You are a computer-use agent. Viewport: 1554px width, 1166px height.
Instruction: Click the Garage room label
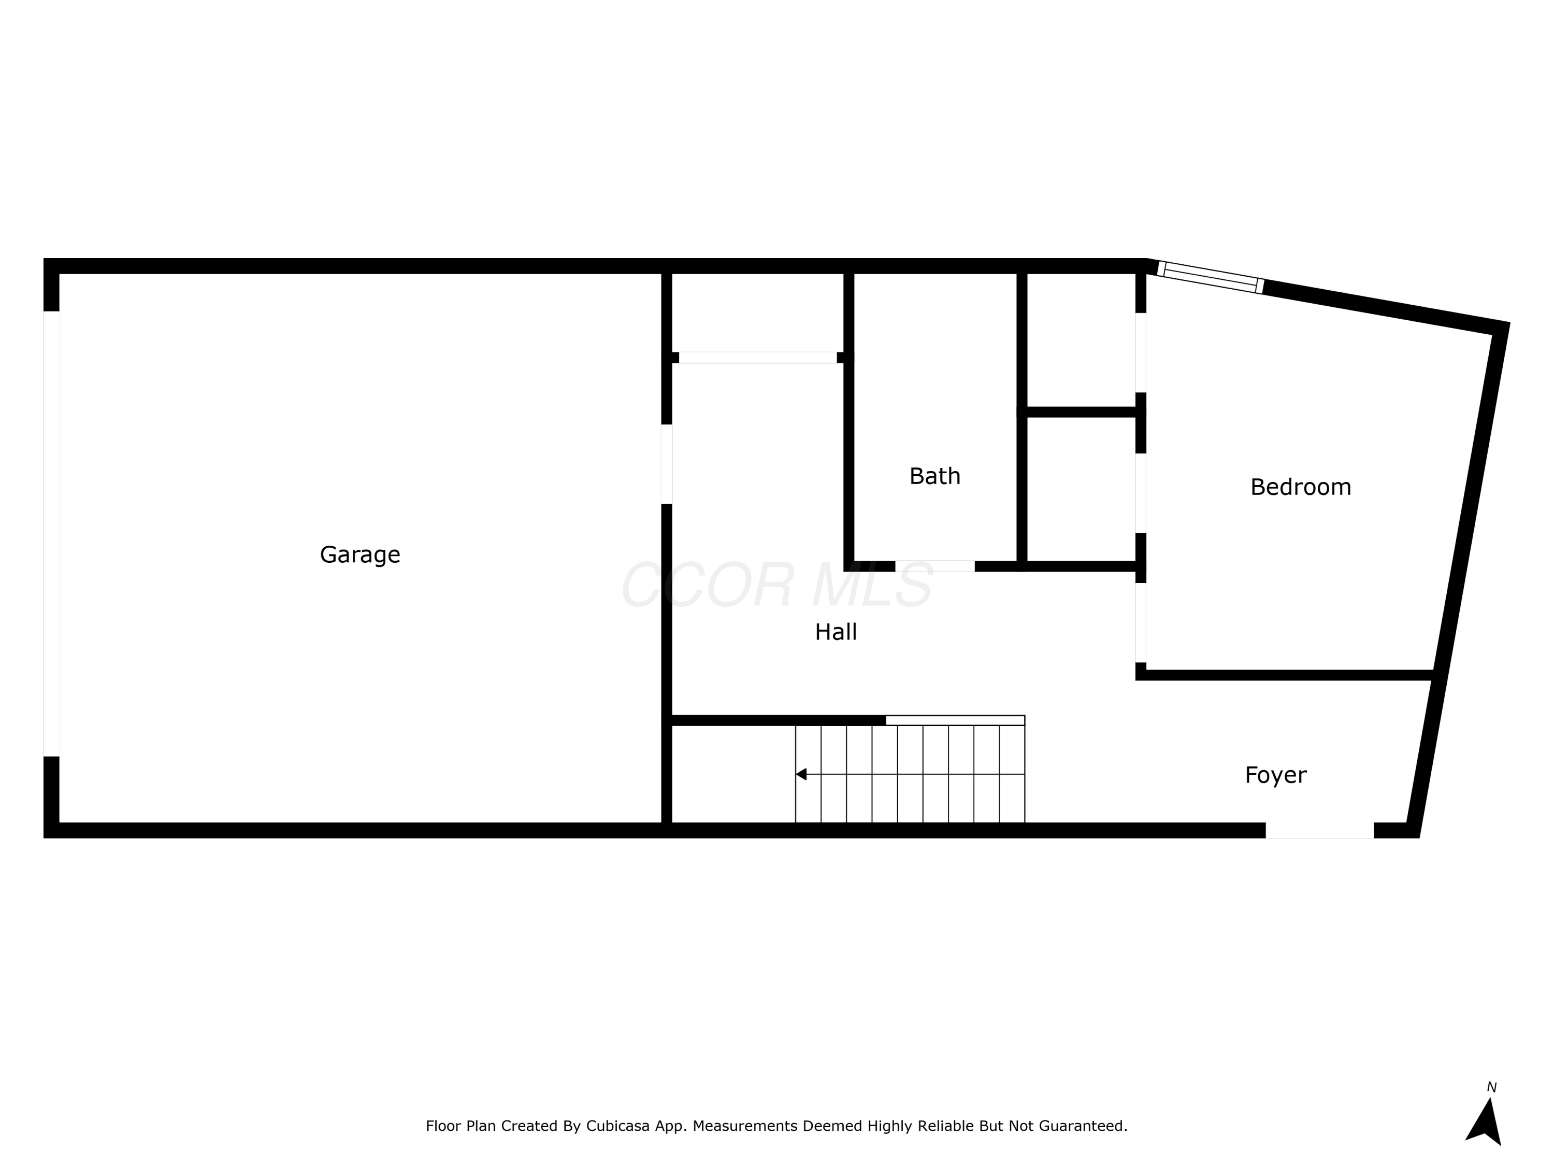[359, 555]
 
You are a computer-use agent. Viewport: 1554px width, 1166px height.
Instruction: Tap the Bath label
[934, 477]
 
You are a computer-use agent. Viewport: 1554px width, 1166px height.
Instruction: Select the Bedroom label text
[1300, 487]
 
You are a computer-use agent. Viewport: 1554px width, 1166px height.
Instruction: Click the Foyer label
[1275, 775]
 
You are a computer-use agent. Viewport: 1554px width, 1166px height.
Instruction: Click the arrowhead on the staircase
[801, 775]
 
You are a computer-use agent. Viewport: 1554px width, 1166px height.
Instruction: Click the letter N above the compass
[1491, 1087]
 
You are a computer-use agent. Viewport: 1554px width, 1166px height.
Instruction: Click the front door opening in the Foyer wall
[1319, 830]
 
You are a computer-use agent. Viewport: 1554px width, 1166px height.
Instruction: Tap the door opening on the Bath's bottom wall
[934, 566]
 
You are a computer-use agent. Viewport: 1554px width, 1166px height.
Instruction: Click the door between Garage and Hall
[667, 464]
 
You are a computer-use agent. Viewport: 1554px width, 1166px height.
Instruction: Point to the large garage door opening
[51, 534]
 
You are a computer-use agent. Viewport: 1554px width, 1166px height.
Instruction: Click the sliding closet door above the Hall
[757, 358]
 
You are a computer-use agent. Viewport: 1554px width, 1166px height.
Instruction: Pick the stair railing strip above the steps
[955, 720]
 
